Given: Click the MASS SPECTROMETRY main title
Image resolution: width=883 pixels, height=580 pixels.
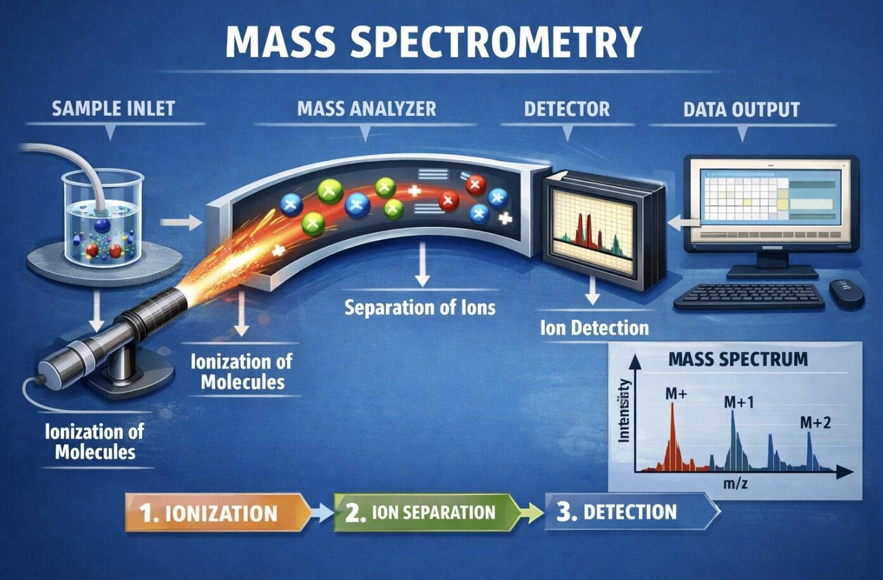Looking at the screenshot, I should pyautogui.click(x=433, y=42).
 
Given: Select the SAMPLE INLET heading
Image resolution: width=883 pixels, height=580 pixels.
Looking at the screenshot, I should pyautogui.click(x=113, y=108).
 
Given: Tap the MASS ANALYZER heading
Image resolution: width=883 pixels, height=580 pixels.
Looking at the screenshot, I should pyautogui.click(x=366, y=108).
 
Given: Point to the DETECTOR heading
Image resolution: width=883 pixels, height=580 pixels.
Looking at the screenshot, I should pyautogui.click(x=567, y=108).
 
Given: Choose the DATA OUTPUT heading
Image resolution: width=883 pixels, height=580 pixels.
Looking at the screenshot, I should pyautogui.click(x=741, y=109).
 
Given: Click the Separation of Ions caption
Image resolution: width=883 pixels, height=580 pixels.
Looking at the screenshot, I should pyautogui.click(x=420, y=308).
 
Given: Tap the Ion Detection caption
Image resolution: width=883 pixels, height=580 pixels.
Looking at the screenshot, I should pyautogui.click(x=594, y=328).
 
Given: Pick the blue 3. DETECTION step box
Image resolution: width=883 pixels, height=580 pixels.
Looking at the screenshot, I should pyautogui.click(x=624, y=512).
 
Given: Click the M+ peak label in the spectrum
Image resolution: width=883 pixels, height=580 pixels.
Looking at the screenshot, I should pyautogui.click(x=676, y=394).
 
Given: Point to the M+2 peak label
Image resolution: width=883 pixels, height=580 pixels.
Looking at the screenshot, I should pyautogui.click(x=815, y=422).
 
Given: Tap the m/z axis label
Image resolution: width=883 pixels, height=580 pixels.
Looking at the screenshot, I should pyautogui.click(x=735, y=485).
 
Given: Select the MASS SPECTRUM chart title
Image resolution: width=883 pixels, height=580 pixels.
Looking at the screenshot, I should pyautogui.click(x=738, y=359).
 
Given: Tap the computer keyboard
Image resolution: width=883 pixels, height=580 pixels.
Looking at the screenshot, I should pyautogui.click(x=749, y=295).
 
